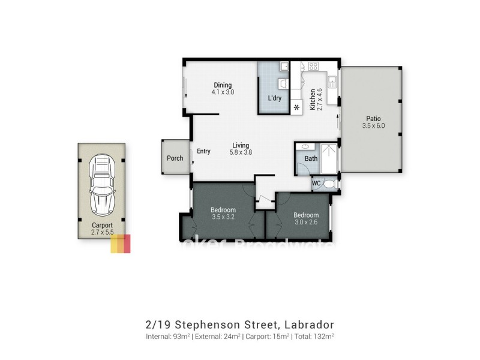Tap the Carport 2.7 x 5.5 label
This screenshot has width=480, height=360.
click(102, 229)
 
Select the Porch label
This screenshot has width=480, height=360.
click(175, 158)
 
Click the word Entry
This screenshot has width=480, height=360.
click(203, 151)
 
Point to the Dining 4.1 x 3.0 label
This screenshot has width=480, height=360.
click(222, 89)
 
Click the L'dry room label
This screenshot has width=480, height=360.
click(274, 98)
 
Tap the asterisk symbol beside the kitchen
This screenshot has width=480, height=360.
click(297, 108)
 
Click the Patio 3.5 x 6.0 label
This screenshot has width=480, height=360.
click(373, 122)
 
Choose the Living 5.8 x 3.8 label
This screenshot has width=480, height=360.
click(241, 149)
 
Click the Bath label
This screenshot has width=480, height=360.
click(310, 159)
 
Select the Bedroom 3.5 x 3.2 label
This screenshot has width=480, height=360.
click(223, 214)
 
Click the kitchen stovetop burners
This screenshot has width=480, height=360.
click(313, 67)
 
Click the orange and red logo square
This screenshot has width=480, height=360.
click(120, 243)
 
